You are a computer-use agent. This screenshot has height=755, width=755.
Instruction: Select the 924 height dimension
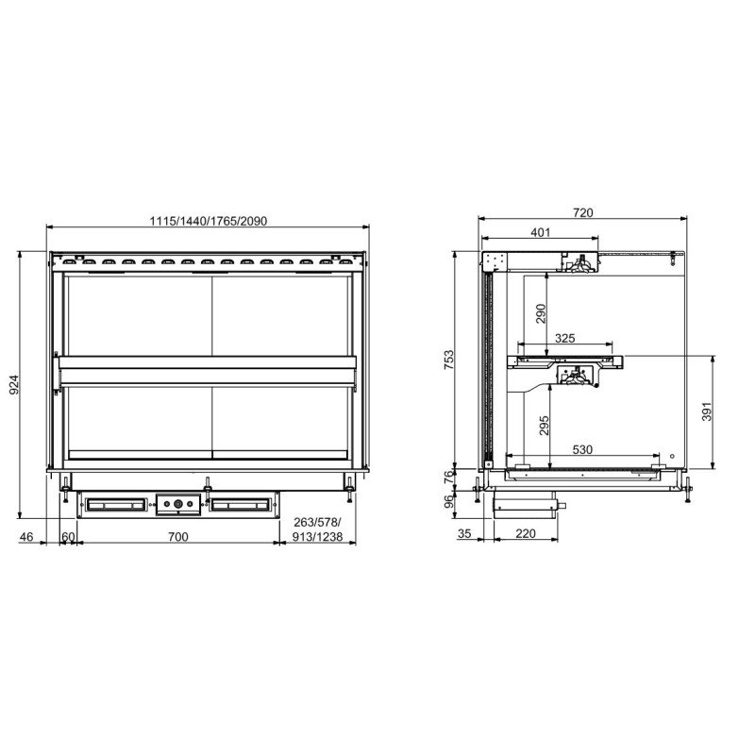(x=14, y=384)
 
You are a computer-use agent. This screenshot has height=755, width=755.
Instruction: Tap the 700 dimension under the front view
(x=178, y=536)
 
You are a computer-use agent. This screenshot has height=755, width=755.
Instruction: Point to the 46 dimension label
(x=26, y=536)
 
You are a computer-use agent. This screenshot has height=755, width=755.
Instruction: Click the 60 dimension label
(x=68, y=536)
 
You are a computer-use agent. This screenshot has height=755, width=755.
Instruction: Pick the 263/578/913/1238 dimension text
(x=318, y=529)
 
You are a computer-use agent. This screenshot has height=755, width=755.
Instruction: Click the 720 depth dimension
(x=583, y=212)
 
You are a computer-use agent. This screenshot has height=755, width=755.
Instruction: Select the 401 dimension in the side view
(x=540, y=232)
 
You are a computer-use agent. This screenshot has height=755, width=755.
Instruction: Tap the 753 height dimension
(x=448, y=360)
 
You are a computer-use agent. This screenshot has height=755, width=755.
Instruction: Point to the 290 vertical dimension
(x=541, y=313)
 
